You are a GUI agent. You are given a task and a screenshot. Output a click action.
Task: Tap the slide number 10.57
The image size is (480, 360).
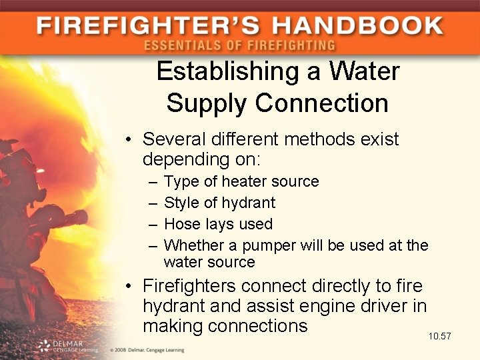(439, 336)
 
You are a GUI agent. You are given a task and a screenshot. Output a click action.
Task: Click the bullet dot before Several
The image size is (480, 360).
(129, 140)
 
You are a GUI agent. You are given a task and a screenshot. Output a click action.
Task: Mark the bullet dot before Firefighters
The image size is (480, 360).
(129, 287)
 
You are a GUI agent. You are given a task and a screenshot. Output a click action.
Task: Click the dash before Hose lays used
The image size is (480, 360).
(152, 224)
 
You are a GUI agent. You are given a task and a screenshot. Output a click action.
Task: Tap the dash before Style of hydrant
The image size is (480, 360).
(152, 203)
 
